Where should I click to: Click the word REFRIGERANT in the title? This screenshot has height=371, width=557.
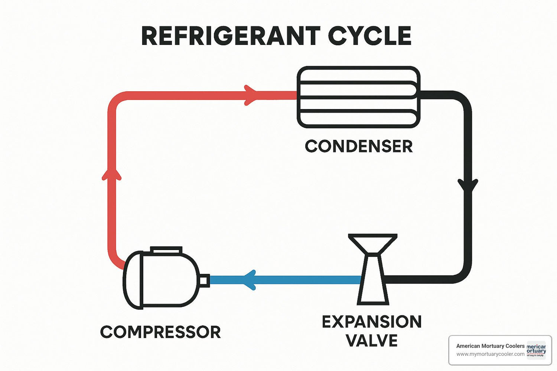click(x=230, y=36)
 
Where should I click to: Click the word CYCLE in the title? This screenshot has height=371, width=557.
click(x=369, y=36)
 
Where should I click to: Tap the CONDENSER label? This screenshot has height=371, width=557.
click(x=359, y=146)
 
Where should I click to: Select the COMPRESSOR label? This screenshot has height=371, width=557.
click(x=160, y=332)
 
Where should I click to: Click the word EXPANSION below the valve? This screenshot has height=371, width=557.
click(x=372, y=322)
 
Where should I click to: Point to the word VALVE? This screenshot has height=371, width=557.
click(x=372, y=341)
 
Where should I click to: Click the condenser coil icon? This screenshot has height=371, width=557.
click(x=359, y=97)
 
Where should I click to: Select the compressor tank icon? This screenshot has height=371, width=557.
click(x=162, y=280)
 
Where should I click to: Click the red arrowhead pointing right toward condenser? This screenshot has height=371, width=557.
click(x=250, y=95)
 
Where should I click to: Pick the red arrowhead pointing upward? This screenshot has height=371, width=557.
click(x=112, y=174)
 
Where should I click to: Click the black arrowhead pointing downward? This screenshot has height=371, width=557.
click(x=468, y=185)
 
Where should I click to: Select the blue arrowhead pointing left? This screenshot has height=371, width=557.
click(x=250, y=280)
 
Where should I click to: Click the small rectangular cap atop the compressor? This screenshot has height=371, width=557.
click(x=166, y=250)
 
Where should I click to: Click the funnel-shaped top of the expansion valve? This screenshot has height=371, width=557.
click(x=373, y=243)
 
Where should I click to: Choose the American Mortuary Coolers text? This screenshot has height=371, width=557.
click(x=490, y=346)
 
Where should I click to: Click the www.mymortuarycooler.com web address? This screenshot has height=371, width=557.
click(x=490, y=354)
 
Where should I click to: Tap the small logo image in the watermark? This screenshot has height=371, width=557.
click(x=537, y=350)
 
